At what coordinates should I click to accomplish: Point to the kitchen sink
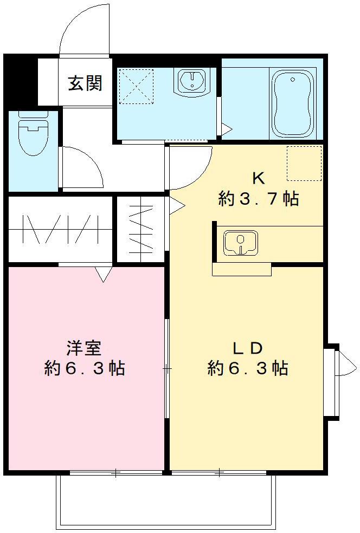(x=240, y=242)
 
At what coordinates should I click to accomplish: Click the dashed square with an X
(x=136, y=86)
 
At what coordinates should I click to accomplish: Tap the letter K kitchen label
(x=258, y=178)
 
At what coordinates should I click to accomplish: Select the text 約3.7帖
(x=258, y=199)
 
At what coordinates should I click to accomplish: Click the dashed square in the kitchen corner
(x=304, y=163)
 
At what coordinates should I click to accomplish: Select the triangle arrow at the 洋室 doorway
(x=103, y=274)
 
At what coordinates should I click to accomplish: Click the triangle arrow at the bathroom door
(x=226, y=129)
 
